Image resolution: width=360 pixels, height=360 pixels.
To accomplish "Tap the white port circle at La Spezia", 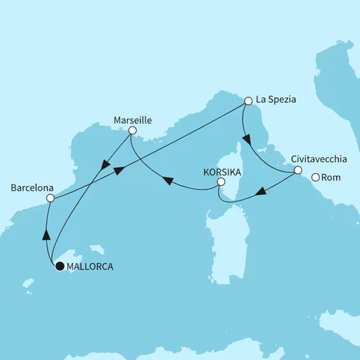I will pos(247,101).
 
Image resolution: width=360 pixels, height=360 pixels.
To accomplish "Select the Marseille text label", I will pos(133,120).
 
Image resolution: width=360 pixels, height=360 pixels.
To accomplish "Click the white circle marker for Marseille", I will pos(133,130).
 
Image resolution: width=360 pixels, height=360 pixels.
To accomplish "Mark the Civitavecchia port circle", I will pos(297,170).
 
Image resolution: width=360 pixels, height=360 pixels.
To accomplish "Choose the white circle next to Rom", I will pos(315,178).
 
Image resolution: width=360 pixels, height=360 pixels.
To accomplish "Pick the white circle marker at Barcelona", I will pos(50,199).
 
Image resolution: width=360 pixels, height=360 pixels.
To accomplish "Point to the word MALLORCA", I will pos(89,266).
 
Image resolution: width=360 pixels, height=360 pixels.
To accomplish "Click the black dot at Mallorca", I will pos(59,266).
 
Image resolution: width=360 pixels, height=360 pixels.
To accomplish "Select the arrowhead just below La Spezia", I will pos(246,138).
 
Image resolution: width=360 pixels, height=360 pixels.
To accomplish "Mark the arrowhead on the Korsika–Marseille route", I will pos(169,182).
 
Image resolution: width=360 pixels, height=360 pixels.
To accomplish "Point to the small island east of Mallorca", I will pos(103,250).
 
